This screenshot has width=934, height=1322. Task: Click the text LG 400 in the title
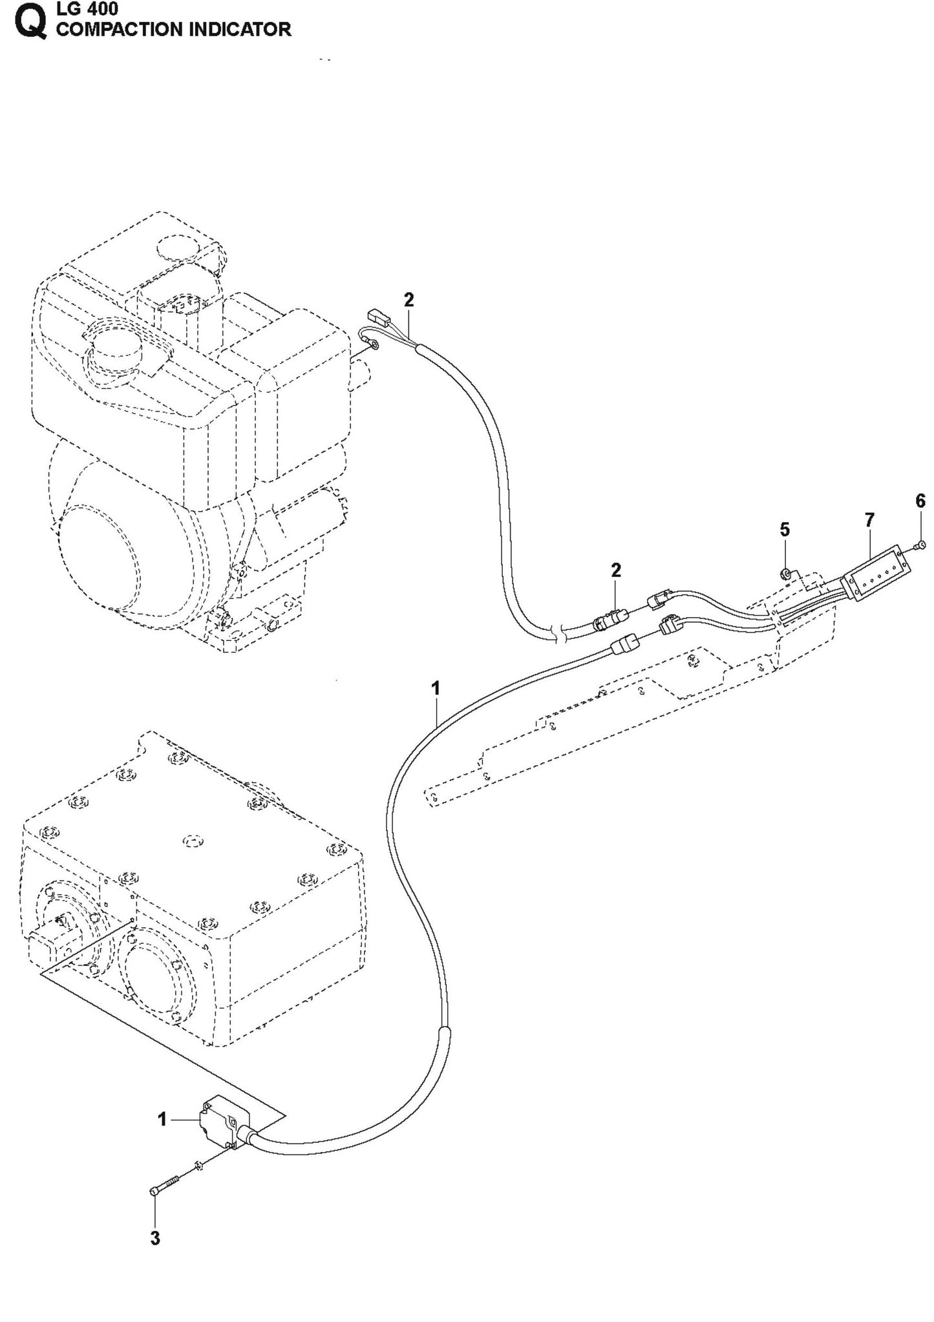[x=87, y=9]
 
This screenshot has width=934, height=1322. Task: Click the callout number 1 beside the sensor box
[x=162, y=1119]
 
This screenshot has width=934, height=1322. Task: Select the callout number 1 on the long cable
[x=436, y=689]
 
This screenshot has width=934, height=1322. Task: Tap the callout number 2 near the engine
[x=409, y=300]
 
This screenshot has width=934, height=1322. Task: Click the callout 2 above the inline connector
[x=615, y=570]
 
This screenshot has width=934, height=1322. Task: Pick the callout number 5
[x=785, y=530]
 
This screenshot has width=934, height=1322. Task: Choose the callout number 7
[x=869, y=519]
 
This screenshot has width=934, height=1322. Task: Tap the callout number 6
[x=920, y=501]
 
